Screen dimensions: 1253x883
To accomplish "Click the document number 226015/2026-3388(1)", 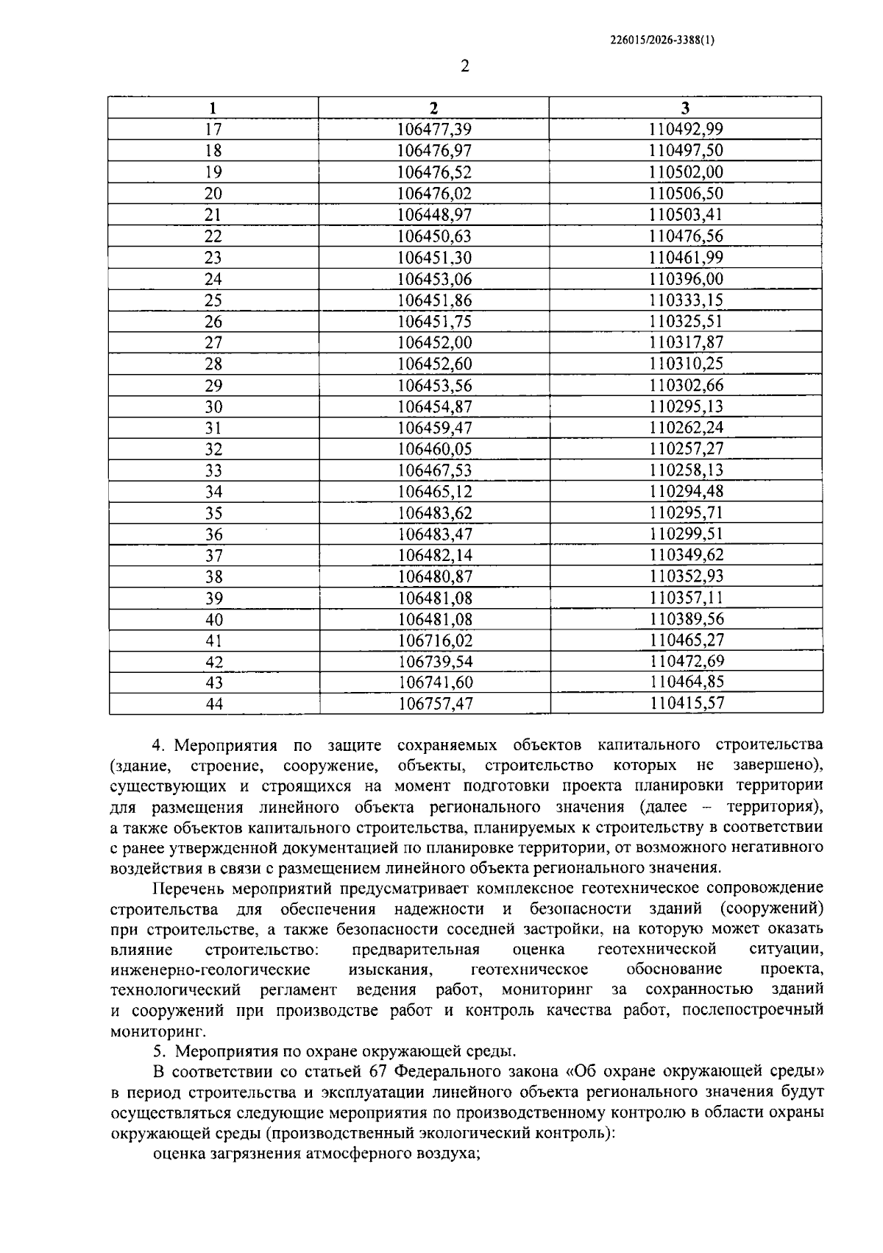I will point(662,41).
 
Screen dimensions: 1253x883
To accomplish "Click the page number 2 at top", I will point(464,66).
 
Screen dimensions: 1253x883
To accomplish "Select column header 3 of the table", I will point(685,107).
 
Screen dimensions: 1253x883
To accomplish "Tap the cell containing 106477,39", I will point(433,130).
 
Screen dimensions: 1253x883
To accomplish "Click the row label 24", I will point(213,279).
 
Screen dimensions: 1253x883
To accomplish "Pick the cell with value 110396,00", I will point(686,279).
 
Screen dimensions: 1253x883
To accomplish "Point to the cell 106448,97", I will point(433,215).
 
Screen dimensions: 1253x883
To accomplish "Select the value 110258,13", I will point(686,470).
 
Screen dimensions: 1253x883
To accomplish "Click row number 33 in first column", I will point(213,470).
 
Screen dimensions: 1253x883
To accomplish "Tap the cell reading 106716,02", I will point(434,640).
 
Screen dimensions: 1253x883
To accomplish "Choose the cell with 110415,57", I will point(687,704).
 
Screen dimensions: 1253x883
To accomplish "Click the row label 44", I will point(213,704).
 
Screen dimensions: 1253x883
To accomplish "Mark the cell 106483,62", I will point(434,513).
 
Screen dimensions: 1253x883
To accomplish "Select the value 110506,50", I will point(686,194).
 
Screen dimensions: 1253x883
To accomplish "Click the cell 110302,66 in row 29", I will point(686,386).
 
